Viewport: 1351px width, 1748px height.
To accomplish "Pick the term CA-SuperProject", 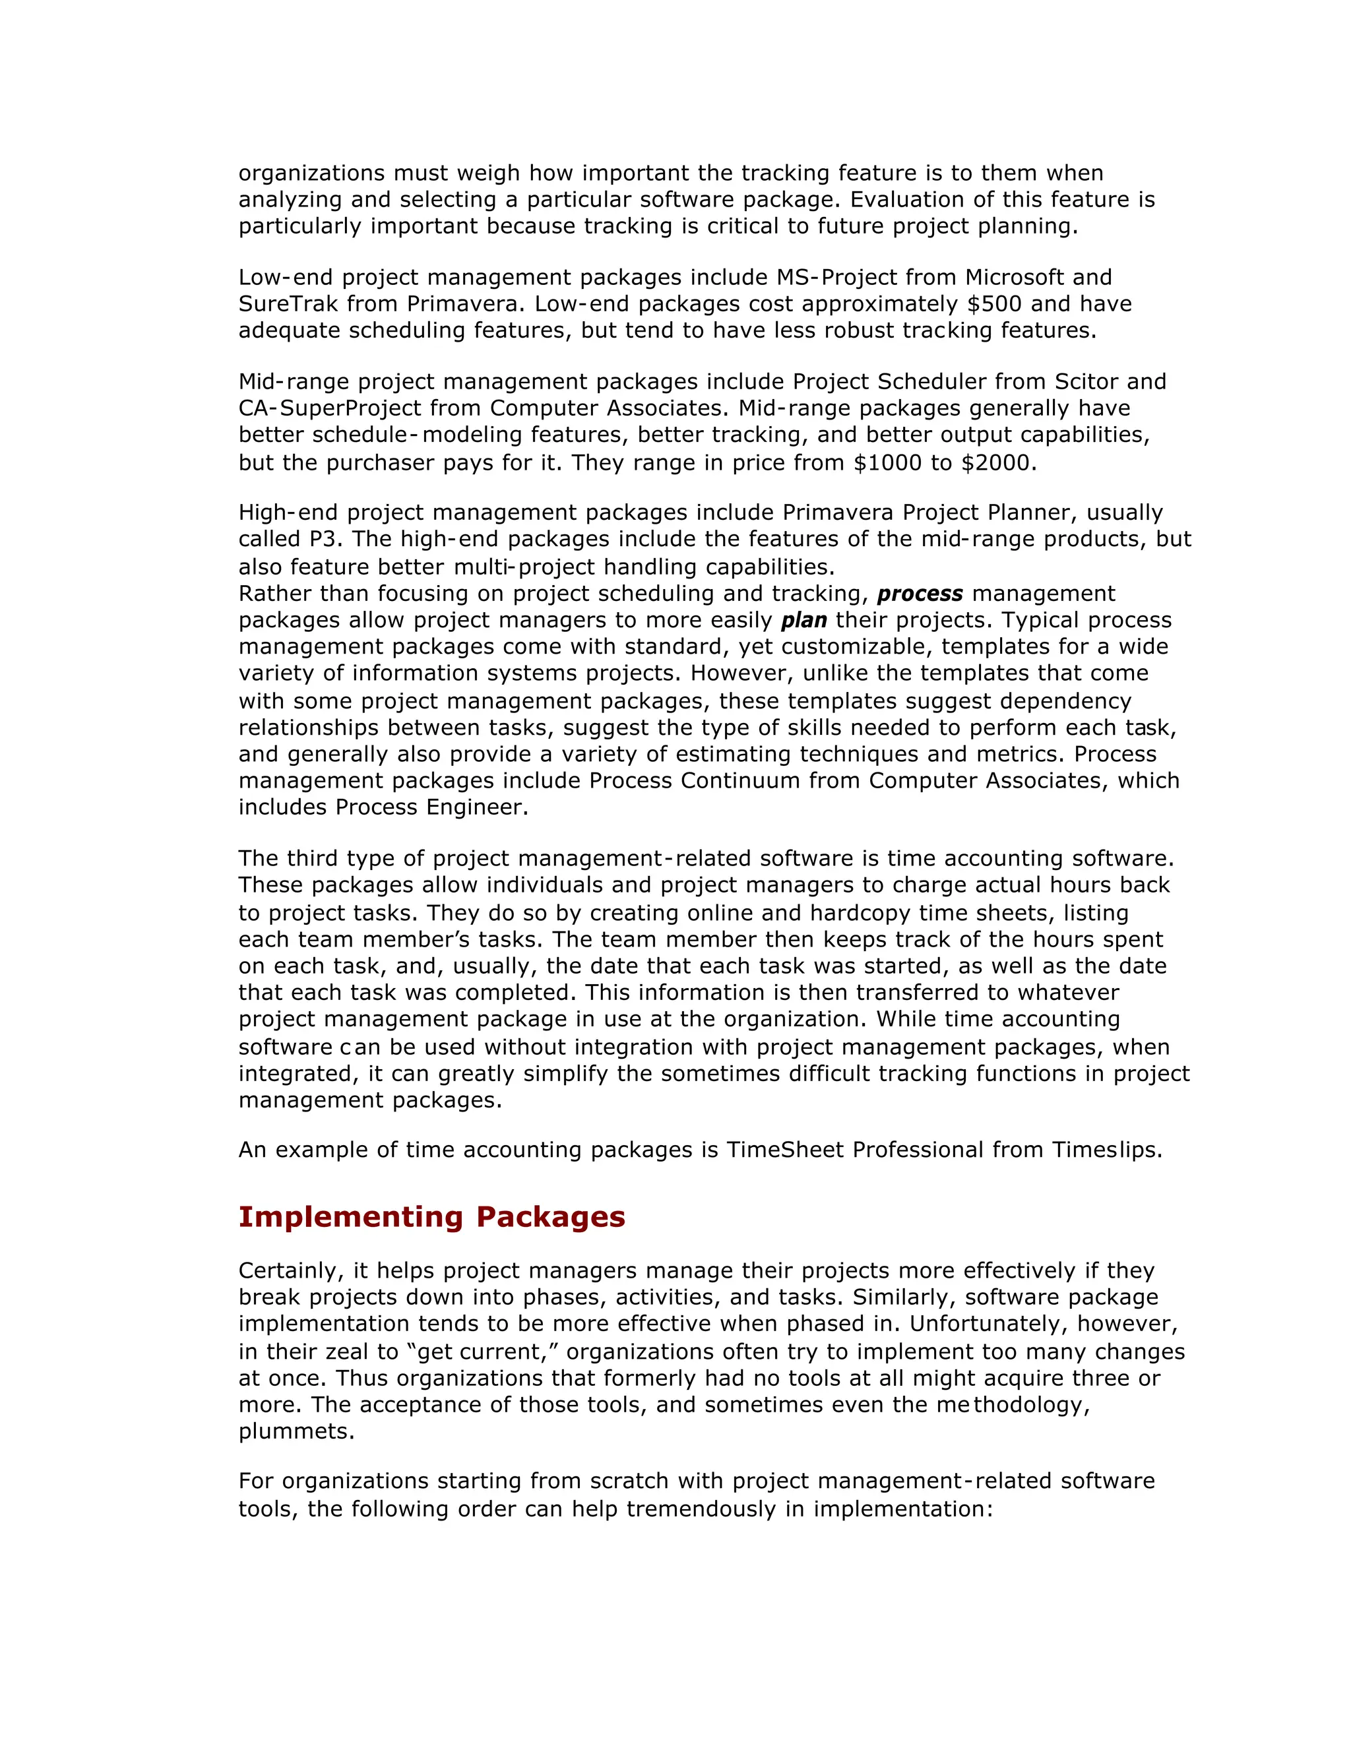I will click(329, 408).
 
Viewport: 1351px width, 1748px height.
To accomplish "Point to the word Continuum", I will click(739, 780).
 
